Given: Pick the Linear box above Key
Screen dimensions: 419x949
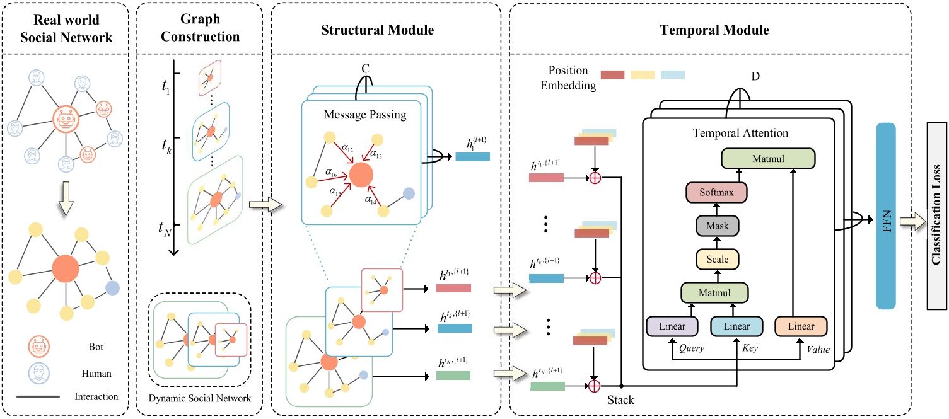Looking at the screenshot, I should (736, 326).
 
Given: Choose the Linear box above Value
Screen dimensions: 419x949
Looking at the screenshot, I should (800, 326).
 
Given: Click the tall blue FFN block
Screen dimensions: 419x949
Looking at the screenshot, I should (885, 215).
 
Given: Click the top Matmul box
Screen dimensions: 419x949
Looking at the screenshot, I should (768, 158).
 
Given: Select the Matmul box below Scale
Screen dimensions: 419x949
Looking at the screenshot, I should (714, 292).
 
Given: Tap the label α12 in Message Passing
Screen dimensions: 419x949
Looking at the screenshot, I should (347, 149).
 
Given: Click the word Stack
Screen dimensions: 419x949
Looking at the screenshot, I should (621, 399).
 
